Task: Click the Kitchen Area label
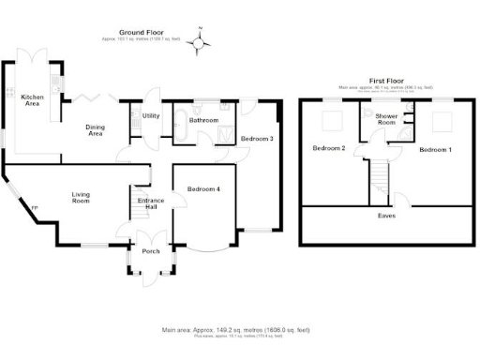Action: (32, 100)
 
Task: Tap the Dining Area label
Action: (95, 131)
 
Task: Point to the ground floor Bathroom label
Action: (203, 121)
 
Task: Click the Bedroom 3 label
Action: (257, 139)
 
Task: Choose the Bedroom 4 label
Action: (203, 189)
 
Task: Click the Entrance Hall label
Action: (151, 203)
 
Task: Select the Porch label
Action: (150, 250)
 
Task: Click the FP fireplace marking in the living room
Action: (35, 208)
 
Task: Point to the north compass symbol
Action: (198, 42)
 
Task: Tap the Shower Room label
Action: (385, 120)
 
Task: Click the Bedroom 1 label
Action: (435, 150)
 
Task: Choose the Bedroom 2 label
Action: (329, 148)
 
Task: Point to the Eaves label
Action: (385, 216)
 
